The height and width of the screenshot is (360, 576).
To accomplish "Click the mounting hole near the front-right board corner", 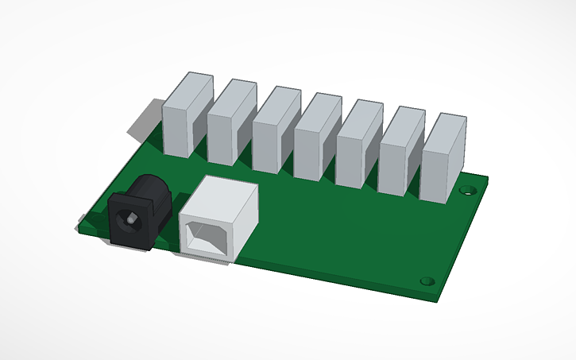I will coord(427,281).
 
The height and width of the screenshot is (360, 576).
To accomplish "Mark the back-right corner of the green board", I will coord(488,176).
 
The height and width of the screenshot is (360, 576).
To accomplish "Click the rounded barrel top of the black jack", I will coord(148,188).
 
